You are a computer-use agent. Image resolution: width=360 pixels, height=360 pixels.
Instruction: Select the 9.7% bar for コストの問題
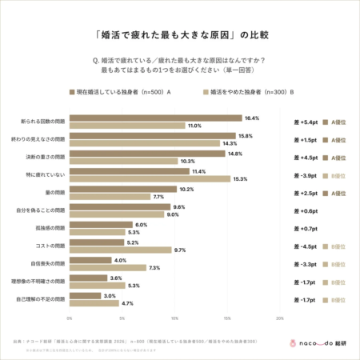click(120, 250)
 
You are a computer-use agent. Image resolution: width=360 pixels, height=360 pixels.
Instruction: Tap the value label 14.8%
click(234, 153)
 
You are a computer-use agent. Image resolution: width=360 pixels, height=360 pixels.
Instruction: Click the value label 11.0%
click(194, 126)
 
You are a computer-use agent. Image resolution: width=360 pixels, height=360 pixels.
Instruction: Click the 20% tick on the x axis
click(280, 318)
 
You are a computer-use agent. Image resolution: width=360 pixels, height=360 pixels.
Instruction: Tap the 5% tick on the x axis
click(122, 318)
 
